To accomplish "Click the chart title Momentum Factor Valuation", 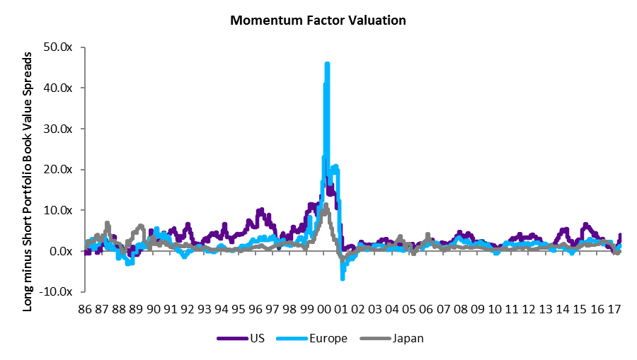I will tap(318, 21).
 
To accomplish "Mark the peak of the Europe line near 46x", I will tap(327, 64).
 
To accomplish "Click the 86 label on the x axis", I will tap(85, 310).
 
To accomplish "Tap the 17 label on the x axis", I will tap(614, 310).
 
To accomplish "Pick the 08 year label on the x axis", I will tap(461, 310).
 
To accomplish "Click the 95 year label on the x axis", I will tap(239, 310).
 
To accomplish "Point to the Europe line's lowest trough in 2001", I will tap(343, 278).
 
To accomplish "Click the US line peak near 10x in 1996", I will tap(261, 210).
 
